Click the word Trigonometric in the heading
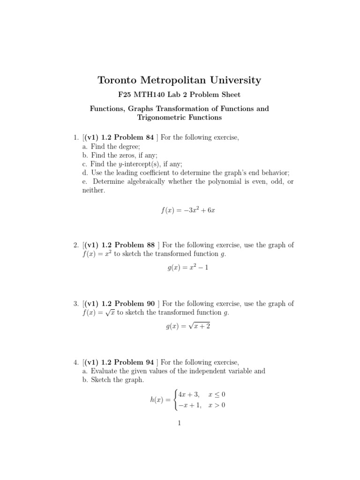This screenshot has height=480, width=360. pos(159,117)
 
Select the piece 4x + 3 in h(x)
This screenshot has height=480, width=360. pos(188,394)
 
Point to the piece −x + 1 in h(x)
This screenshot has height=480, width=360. pos(188,405)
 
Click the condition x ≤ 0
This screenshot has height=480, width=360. pos(217,394)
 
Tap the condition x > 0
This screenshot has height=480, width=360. pos(217,405)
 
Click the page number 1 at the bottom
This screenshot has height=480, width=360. pos(180,423)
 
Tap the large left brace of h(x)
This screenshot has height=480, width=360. pos(175,400)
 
